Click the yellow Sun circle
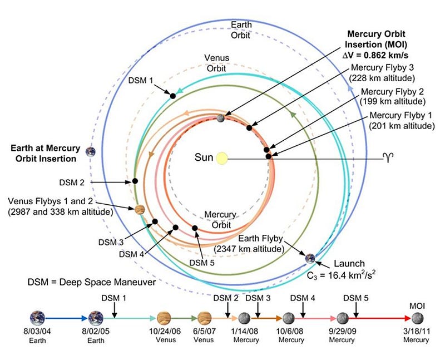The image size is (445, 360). (x=222, y=158)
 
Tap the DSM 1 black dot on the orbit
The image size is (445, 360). (x=173, y=96)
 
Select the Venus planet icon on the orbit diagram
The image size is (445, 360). (x=140, y=210)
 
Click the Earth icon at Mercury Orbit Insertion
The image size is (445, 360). (x=90, y=151)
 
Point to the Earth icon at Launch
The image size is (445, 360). (x=310, y=258)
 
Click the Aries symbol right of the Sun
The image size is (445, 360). (x=387, y=158)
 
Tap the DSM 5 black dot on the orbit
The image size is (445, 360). (x=195, y=228)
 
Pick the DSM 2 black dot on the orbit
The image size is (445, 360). (x=135, y=181)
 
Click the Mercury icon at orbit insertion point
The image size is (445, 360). (x=221, y=118)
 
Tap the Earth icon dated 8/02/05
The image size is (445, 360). (x=96, y=318)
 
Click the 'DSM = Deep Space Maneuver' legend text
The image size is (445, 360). (x=91, y=282)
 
